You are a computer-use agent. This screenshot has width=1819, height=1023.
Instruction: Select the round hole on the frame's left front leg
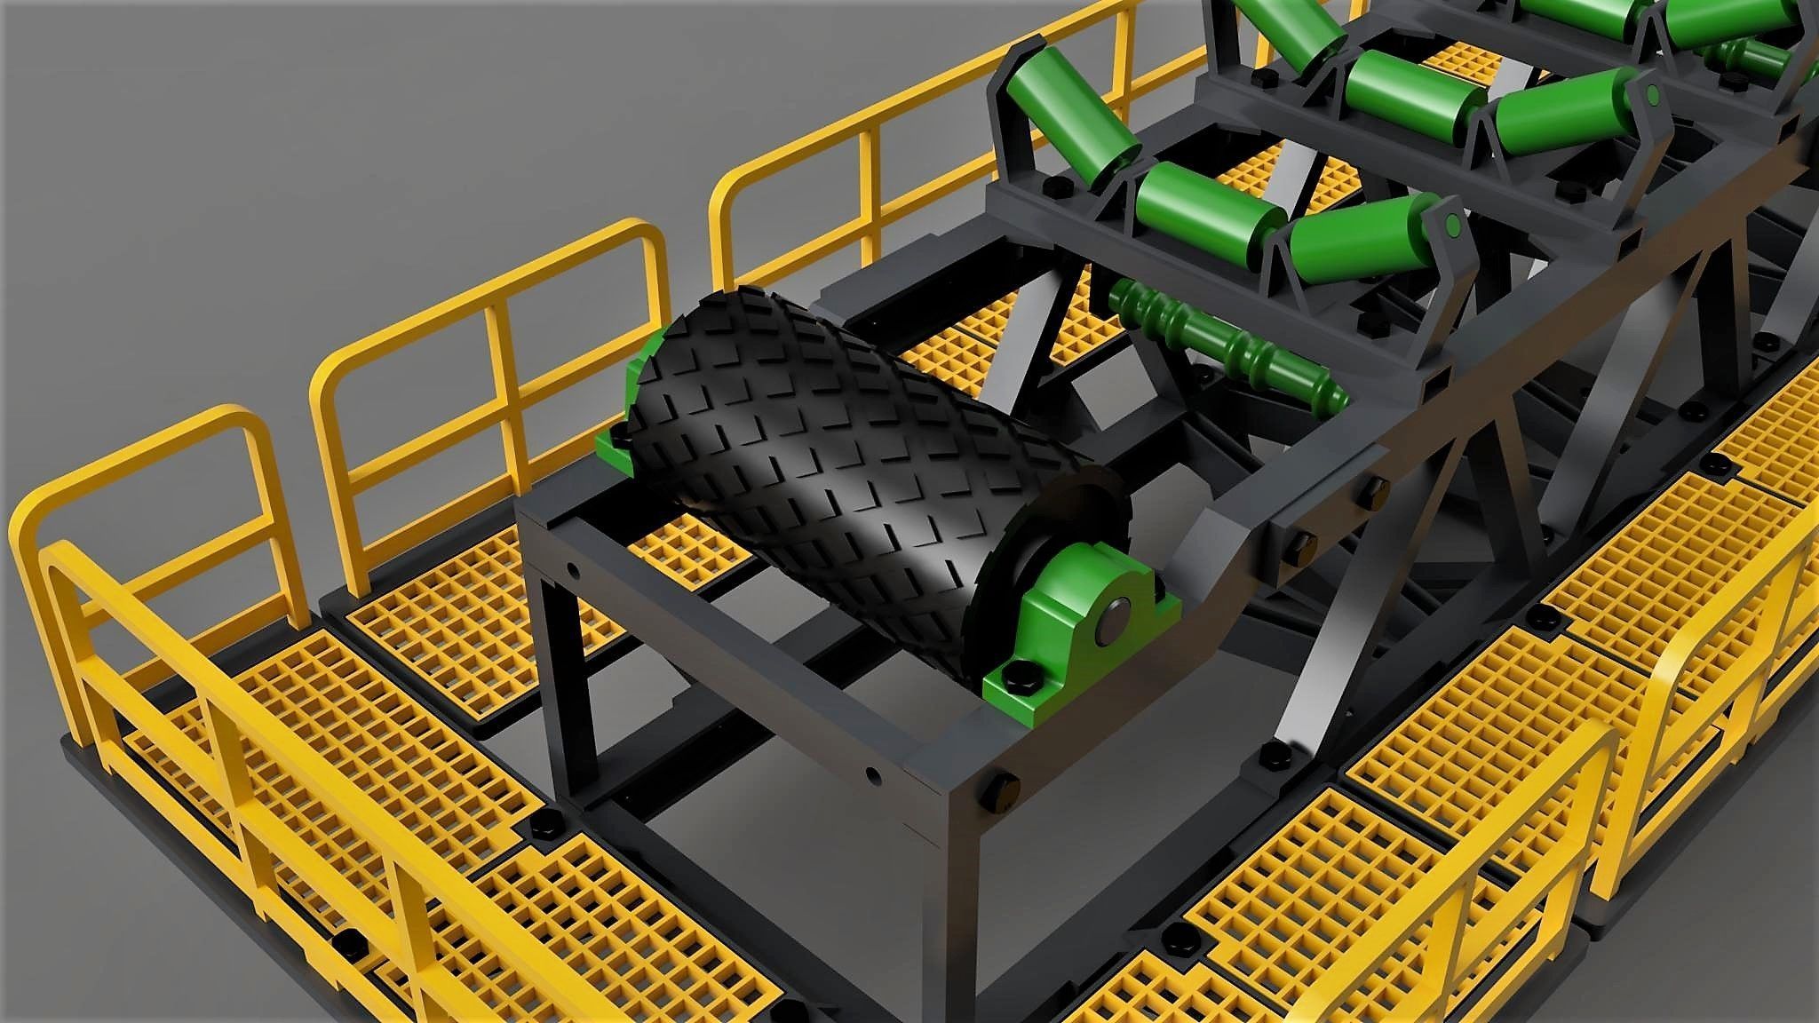click(572, 568)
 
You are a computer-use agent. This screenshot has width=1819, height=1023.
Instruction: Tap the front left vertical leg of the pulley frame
click(568, 666)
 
